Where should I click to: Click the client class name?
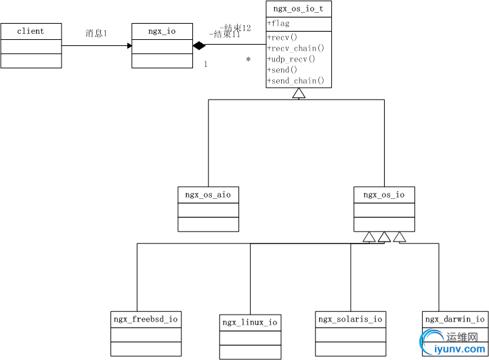coord(30,31)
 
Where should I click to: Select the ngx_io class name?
coord(162,31)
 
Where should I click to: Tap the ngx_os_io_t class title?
coord(299,9)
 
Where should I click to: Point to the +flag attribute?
coord(278,24)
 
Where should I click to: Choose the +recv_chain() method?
coord(296,48)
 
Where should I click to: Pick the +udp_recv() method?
coord(291,59)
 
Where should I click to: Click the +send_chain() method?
coord(296,81)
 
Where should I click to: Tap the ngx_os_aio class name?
coord(208,195)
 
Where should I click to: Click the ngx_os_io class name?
coord(384,195)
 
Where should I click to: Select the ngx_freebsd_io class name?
coord(146,318)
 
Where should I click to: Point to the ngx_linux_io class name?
coord(250,322)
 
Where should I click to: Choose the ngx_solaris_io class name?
coord(350,319)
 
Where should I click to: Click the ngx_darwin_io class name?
coord(454,319)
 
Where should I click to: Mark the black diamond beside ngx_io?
coord(198,46)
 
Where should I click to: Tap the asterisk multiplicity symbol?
coord(248,60)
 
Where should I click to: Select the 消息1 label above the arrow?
coord(96,33)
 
